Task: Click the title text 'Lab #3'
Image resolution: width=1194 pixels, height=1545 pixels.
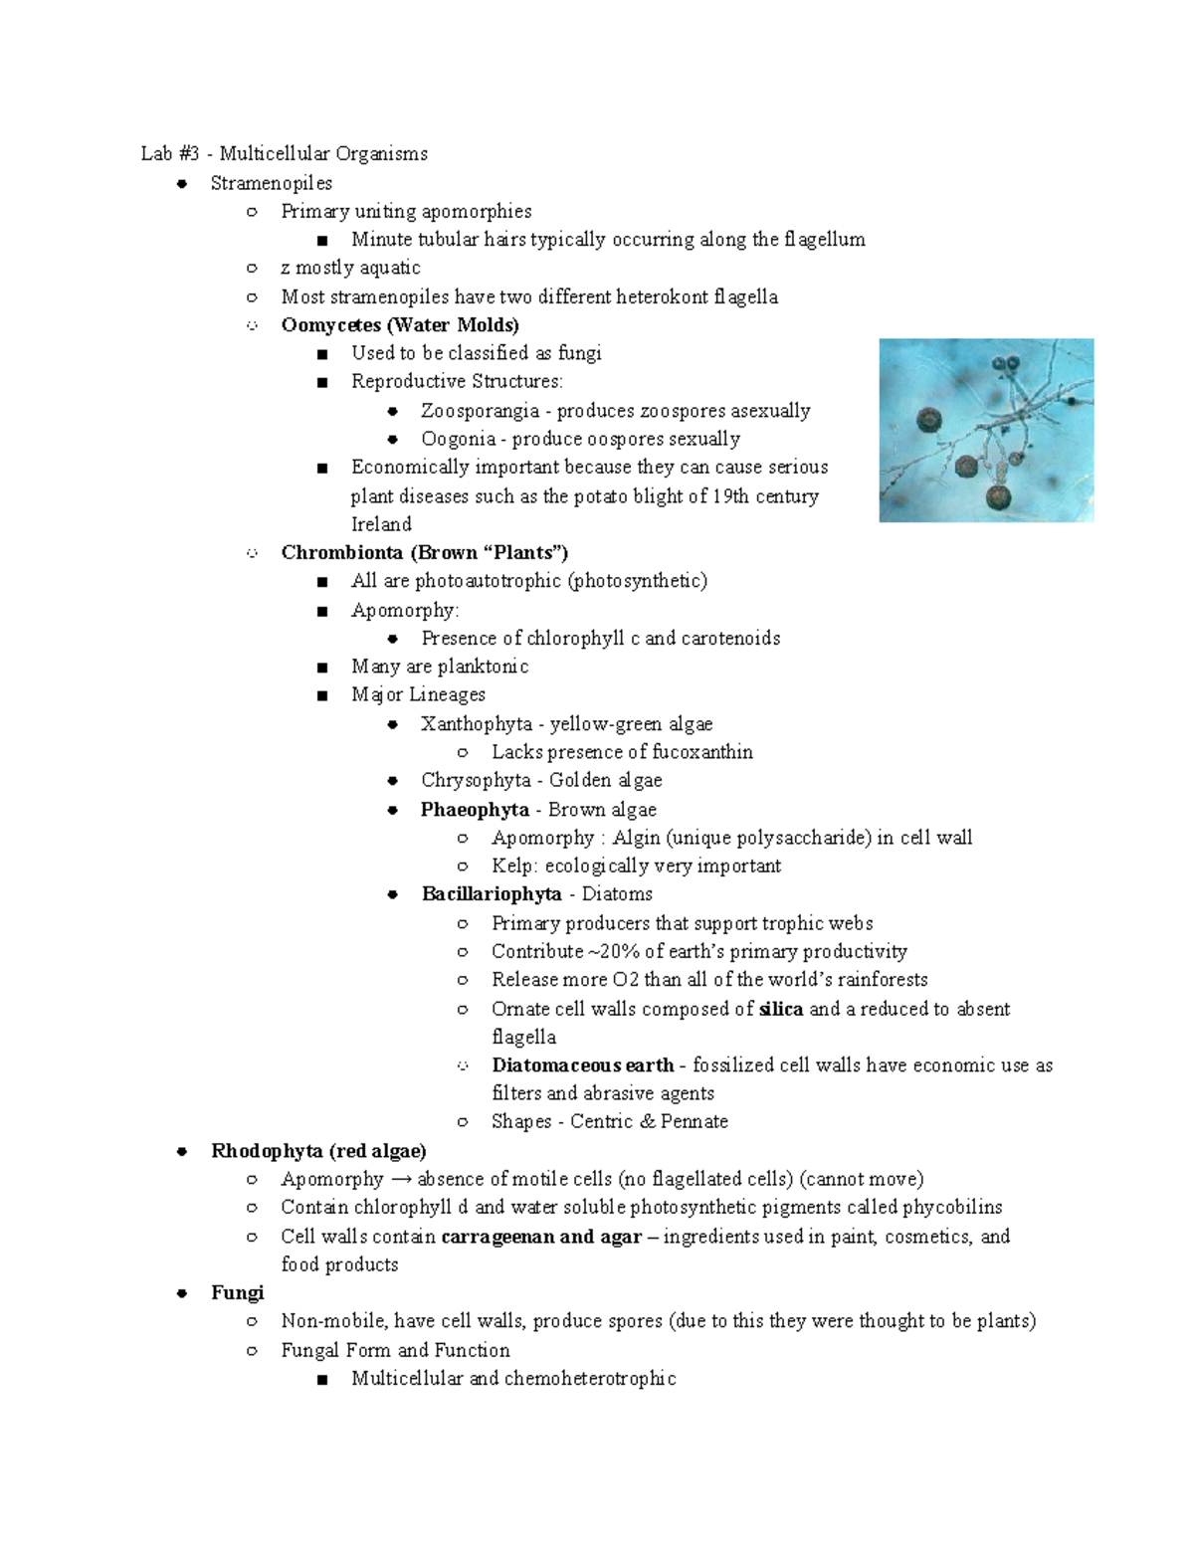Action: pos(170,153)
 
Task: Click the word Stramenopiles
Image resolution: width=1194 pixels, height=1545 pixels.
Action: pos(271,183)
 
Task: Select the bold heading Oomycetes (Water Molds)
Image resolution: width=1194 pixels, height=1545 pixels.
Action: pos(399,324)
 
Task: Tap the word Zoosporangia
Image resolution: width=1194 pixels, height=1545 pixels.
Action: pos(480,410)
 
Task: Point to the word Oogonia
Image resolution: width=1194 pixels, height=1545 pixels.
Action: pos(458,439)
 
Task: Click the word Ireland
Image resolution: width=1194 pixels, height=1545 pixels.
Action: pos(381,524)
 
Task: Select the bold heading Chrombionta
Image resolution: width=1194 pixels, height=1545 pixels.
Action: pos(341,552)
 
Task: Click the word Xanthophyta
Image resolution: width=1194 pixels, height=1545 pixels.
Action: pos(476,723)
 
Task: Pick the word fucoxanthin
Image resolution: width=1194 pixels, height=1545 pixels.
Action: pos(702,752)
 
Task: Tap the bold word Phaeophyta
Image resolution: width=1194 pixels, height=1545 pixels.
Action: pos(475,809)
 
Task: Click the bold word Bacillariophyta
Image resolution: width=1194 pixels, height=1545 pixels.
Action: pos(492,893)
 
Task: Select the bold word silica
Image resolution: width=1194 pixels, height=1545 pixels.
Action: pos(780,1009)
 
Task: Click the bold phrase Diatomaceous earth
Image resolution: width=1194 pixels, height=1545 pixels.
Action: pos(583,1064)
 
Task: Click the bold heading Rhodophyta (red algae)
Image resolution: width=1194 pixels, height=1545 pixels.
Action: pos(318,1150)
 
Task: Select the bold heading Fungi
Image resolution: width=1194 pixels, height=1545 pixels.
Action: pos(237,1292)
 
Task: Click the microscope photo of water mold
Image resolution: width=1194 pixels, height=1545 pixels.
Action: pos(986,430)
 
